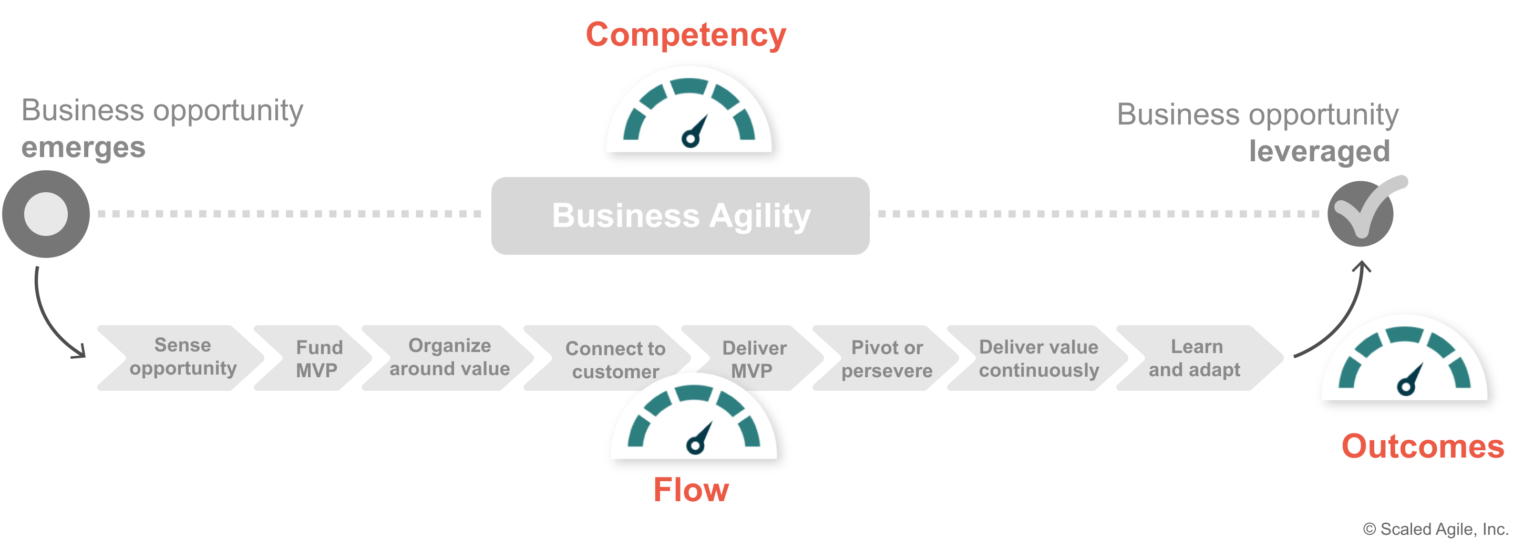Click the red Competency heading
click(685, 35)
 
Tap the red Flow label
click(691, 490)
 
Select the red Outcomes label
click(1422, 447)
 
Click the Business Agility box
click(681, 215)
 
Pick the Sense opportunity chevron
click(182, 357)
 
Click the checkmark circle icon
click(1362, 213)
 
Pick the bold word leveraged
click(1319, 151)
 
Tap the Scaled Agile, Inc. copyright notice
click(1435, 529)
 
